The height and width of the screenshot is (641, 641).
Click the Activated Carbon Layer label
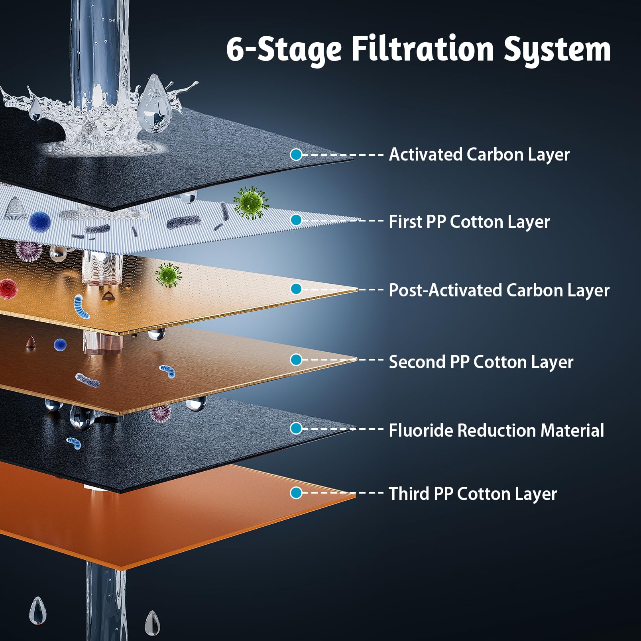click(479, 155)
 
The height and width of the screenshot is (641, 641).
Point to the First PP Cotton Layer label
click(469, 222)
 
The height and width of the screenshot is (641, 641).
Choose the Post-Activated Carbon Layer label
click(499, 290)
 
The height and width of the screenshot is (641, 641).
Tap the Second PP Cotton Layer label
click(481, 362)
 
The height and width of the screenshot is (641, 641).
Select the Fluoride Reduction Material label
click(496, 430)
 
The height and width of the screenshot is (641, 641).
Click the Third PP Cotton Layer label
click(473, 494)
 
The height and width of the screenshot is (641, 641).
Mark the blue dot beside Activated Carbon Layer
click(296, 155)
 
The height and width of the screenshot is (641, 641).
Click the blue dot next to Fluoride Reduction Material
click(296, 429)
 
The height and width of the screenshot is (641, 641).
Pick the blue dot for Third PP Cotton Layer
click(296, 493)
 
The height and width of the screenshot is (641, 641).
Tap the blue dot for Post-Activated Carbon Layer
click(296, 289)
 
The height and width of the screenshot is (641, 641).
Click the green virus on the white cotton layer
click(251, 203)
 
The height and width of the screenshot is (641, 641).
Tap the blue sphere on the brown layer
click(60, 345)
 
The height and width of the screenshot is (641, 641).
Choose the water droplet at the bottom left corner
click(38, 610)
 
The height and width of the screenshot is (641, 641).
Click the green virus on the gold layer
click(168, 275)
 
